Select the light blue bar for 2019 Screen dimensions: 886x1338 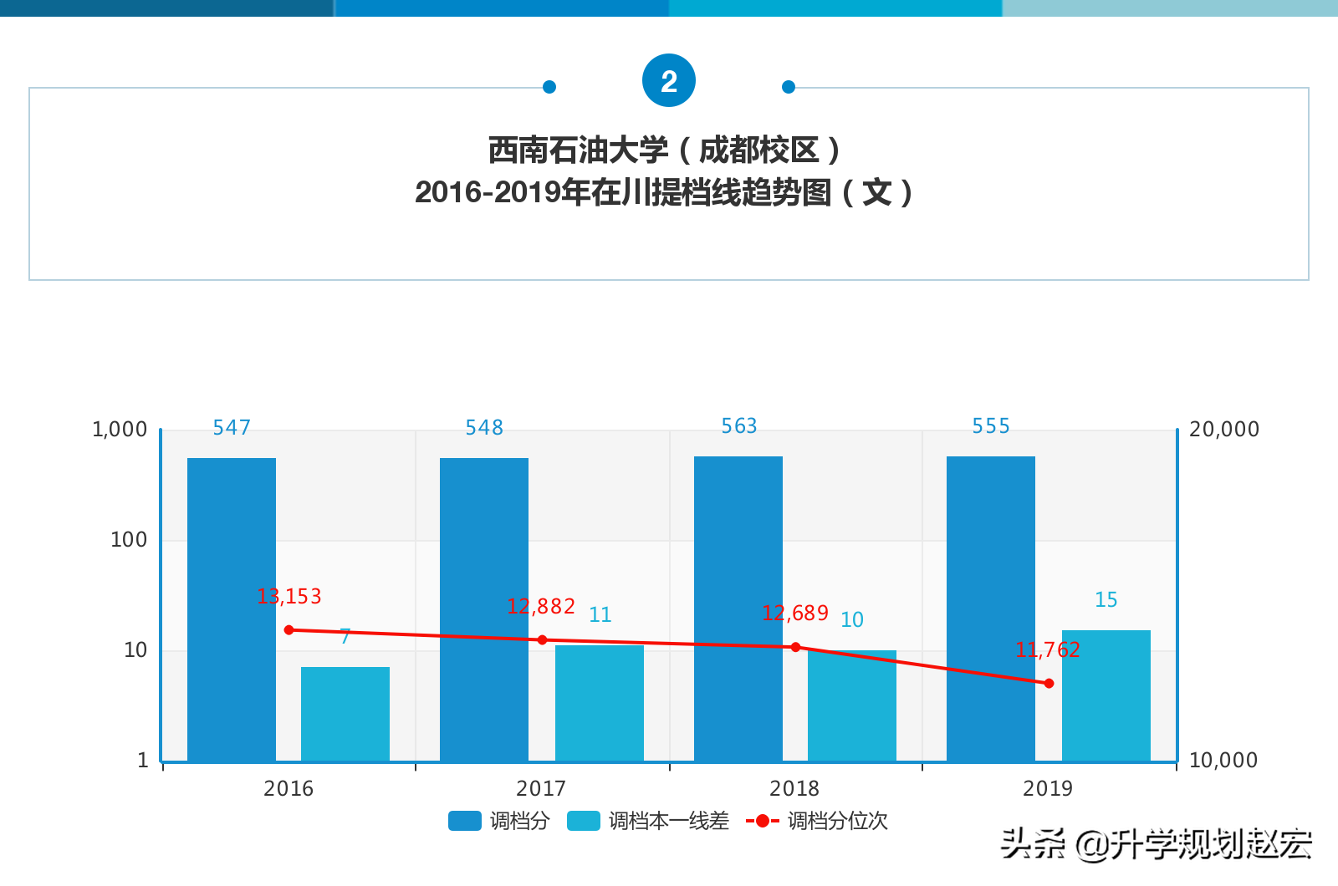coord(1106,695)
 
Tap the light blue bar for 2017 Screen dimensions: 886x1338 coord(599,703)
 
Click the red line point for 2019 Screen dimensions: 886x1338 coord(1049,684)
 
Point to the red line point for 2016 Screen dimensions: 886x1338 coord(289,630)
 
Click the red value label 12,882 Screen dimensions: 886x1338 coord(541,606)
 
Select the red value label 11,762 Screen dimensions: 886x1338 coord(1048,649)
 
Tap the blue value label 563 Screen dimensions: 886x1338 coord(739,426)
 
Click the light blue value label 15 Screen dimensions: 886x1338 coord(1106,599)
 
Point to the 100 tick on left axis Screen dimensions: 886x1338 coord(129,540)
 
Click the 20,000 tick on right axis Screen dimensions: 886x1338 coord(1223,430)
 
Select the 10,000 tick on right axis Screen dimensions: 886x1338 coord(1223,761)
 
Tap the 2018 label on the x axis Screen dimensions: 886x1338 coord(794,788)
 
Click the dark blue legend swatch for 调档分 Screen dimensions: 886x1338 coord(465,821)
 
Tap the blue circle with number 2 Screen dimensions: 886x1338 coord(669,81)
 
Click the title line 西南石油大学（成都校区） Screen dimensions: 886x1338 coord(665,150)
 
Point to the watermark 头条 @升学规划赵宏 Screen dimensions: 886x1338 coord(1156,844)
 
